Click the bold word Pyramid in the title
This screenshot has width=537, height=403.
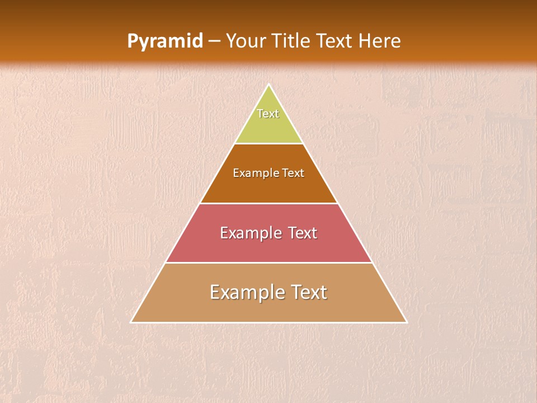point(164,41)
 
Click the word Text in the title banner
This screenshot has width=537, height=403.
point(335,41)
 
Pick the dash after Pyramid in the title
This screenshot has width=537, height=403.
point(214,42)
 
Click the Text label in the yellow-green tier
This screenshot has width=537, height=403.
point(268,114)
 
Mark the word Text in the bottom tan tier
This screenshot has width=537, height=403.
point(308,292)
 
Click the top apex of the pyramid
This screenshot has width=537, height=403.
point(268,85)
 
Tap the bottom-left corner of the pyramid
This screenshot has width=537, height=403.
point(131,322)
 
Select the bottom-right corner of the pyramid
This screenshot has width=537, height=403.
point(406,322)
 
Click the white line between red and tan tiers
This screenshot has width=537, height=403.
point(268,263)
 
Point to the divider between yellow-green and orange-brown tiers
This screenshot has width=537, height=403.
point(268,144)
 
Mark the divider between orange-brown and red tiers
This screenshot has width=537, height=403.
point(268,203)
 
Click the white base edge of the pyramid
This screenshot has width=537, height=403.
point(268,322)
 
